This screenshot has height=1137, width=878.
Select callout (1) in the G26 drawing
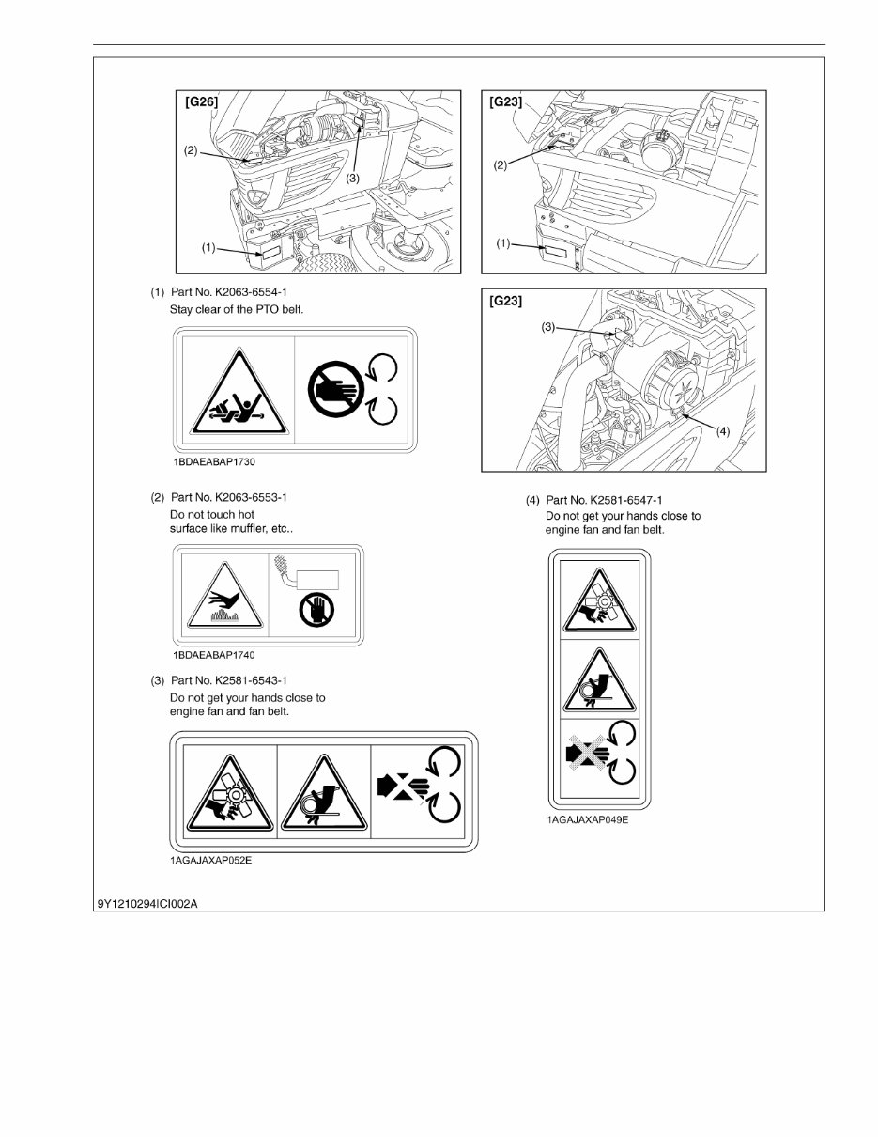click(x=208, y=248)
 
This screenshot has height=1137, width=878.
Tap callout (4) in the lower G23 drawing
click(x=723, y=431)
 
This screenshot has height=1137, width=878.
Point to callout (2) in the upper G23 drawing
click(x=501, y=164)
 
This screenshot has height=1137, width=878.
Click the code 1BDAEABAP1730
click(x=213, y=462)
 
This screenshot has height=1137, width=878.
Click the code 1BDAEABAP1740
click(x=213, y=655)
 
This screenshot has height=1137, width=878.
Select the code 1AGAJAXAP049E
click(x=588, y=820)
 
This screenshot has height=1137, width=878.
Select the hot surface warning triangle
click(x=222, y=600)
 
